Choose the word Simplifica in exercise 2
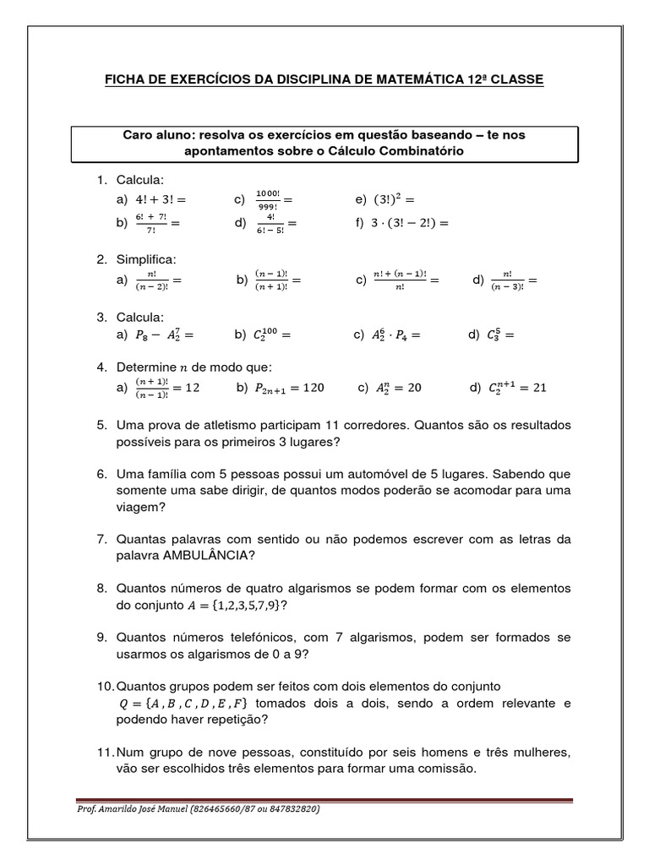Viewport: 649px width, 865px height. tap(146, 259)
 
